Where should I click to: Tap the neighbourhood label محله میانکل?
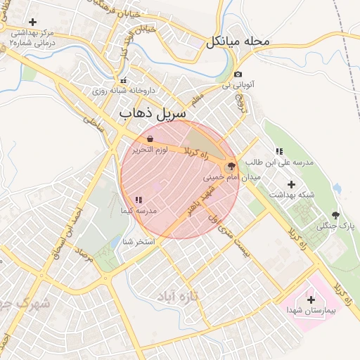click(238, 41)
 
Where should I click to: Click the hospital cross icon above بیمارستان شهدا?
click(311, 300)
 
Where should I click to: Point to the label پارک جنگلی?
click(335, 226)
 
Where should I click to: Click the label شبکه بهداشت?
click(291, 193)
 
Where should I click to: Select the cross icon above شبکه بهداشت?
click(291, 184)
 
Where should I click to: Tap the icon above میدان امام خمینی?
click(231, 166)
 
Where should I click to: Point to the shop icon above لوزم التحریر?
click(150, 140)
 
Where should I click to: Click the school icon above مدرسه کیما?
click(138, 200)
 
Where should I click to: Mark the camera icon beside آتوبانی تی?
click(238, 75)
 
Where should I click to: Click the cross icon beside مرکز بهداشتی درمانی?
click(32, 22)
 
